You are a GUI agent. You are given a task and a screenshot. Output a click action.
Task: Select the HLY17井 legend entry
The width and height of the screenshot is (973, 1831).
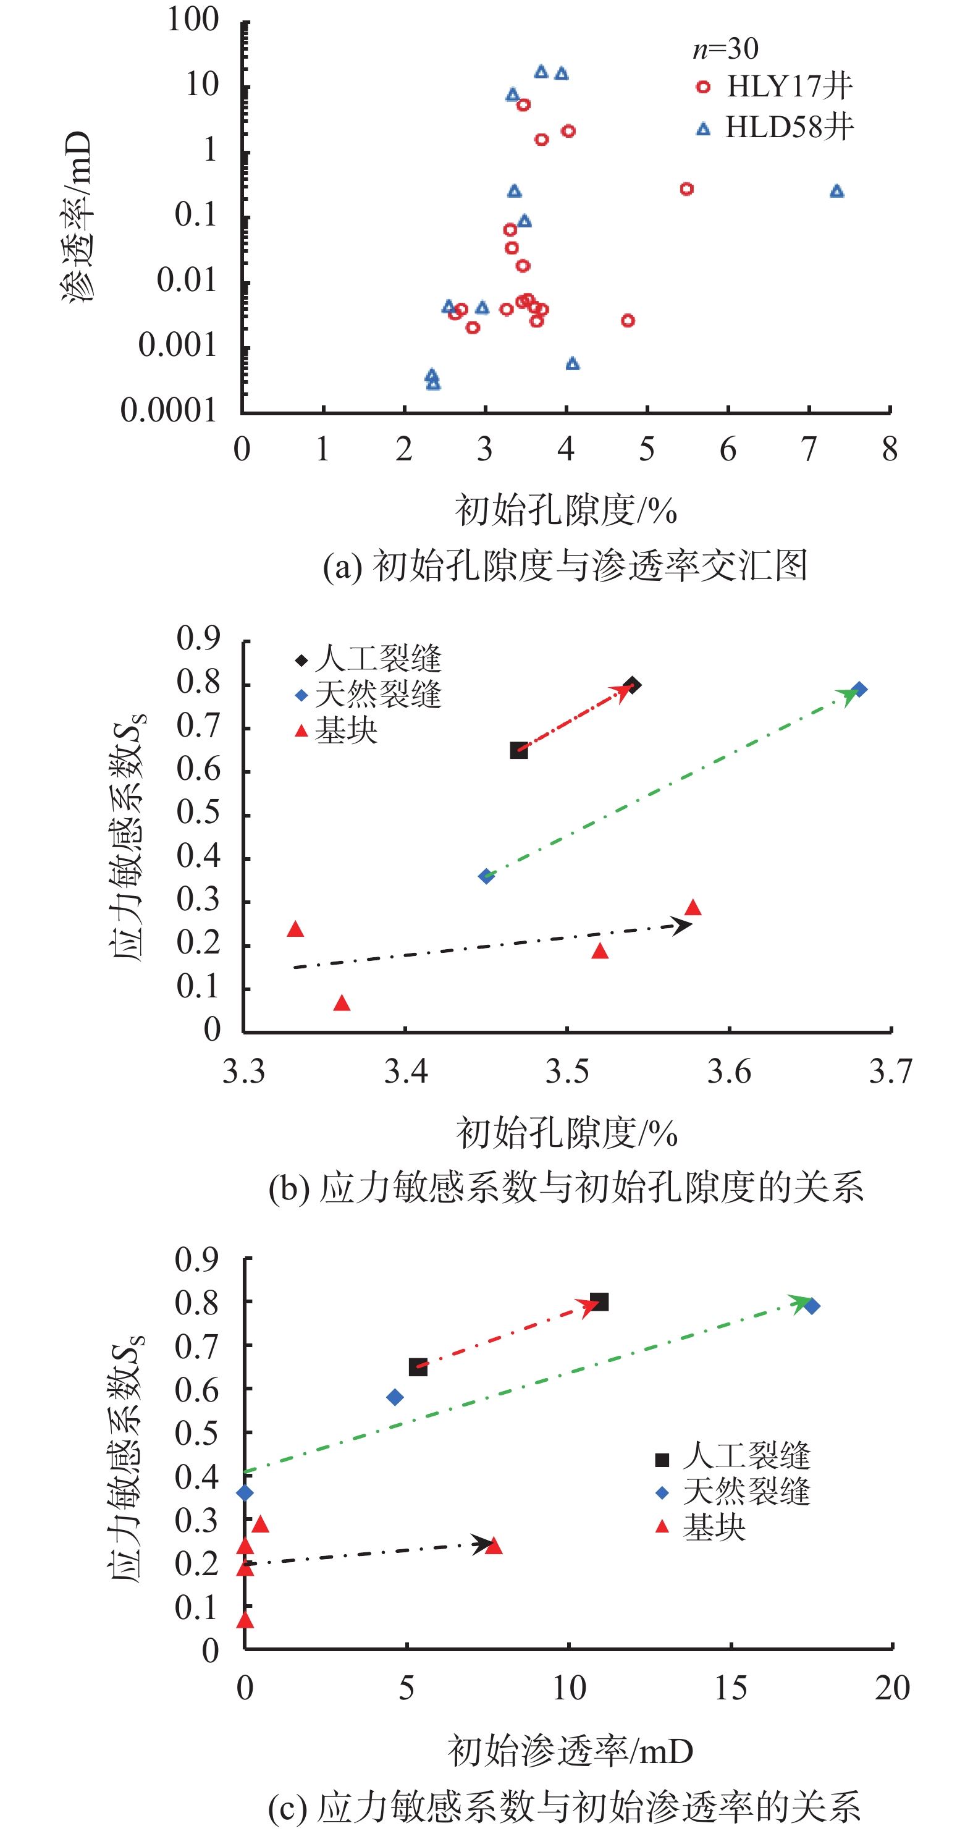(x=774, y=87)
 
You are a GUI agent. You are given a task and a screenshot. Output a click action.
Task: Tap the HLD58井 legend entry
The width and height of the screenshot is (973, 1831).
(x=774, y=128)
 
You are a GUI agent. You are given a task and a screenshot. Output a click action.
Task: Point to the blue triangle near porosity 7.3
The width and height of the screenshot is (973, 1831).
(x=836, y=191)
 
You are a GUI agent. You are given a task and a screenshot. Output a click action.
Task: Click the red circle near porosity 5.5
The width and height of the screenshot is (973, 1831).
(x=686, y=189)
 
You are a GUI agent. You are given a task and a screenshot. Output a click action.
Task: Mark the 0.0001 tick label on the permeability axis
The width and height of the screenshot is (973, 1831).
(x=168, y=410)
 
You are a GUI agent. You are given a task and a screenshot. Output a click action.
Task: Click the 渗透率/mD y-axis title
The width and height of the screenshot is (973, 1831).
(x=76, y=217)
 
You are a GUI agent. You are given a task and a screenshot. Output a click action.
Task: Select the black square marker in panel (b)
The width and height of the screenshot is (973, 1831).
(x=519, y=751)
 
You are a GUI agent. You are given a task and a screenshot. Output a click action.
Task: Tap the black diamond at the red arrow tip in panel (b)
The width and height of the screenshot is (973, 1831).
(x=633, y=685)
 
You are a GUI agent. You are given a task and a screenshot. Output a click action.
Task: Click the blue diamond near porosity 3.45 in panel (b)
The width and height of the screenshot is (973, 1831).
(x=486, y=876)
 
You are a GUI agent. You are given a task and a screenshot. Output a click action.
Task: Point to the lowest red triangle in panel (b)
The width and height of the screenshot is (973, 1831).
(x=342, y=1003)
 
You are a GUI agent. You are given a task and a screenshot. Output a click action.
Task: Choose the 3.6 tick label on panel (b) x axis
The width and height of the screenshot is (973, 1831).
(x=728, y=1071)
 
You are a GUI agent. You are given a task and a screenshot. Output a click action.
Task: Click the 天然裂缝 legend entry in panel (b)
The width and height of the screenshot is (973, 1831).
(x=369, y=695)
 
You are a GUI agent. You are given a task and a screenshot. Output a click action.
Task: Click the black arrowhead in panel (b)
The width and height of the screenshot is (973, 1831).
(x=682, y=924)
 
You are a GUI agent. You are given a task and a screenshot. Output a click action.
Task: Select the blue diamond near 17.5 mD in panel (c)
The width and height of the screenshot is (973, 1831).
(x=812, y=1306)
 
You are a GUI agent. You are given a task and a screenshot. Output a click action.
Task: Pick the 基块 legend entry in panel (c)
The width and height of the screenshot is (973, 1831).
(x=700, y=1527)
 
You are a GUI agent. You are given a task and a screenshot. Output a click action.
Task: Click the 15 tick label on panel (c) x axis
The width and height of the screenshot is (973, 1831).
(x=731, y=1688)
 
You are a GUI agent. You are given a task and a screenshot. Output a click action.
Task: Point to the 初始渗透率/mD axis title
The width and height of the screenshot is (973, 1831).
(x=570, y=1751)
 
